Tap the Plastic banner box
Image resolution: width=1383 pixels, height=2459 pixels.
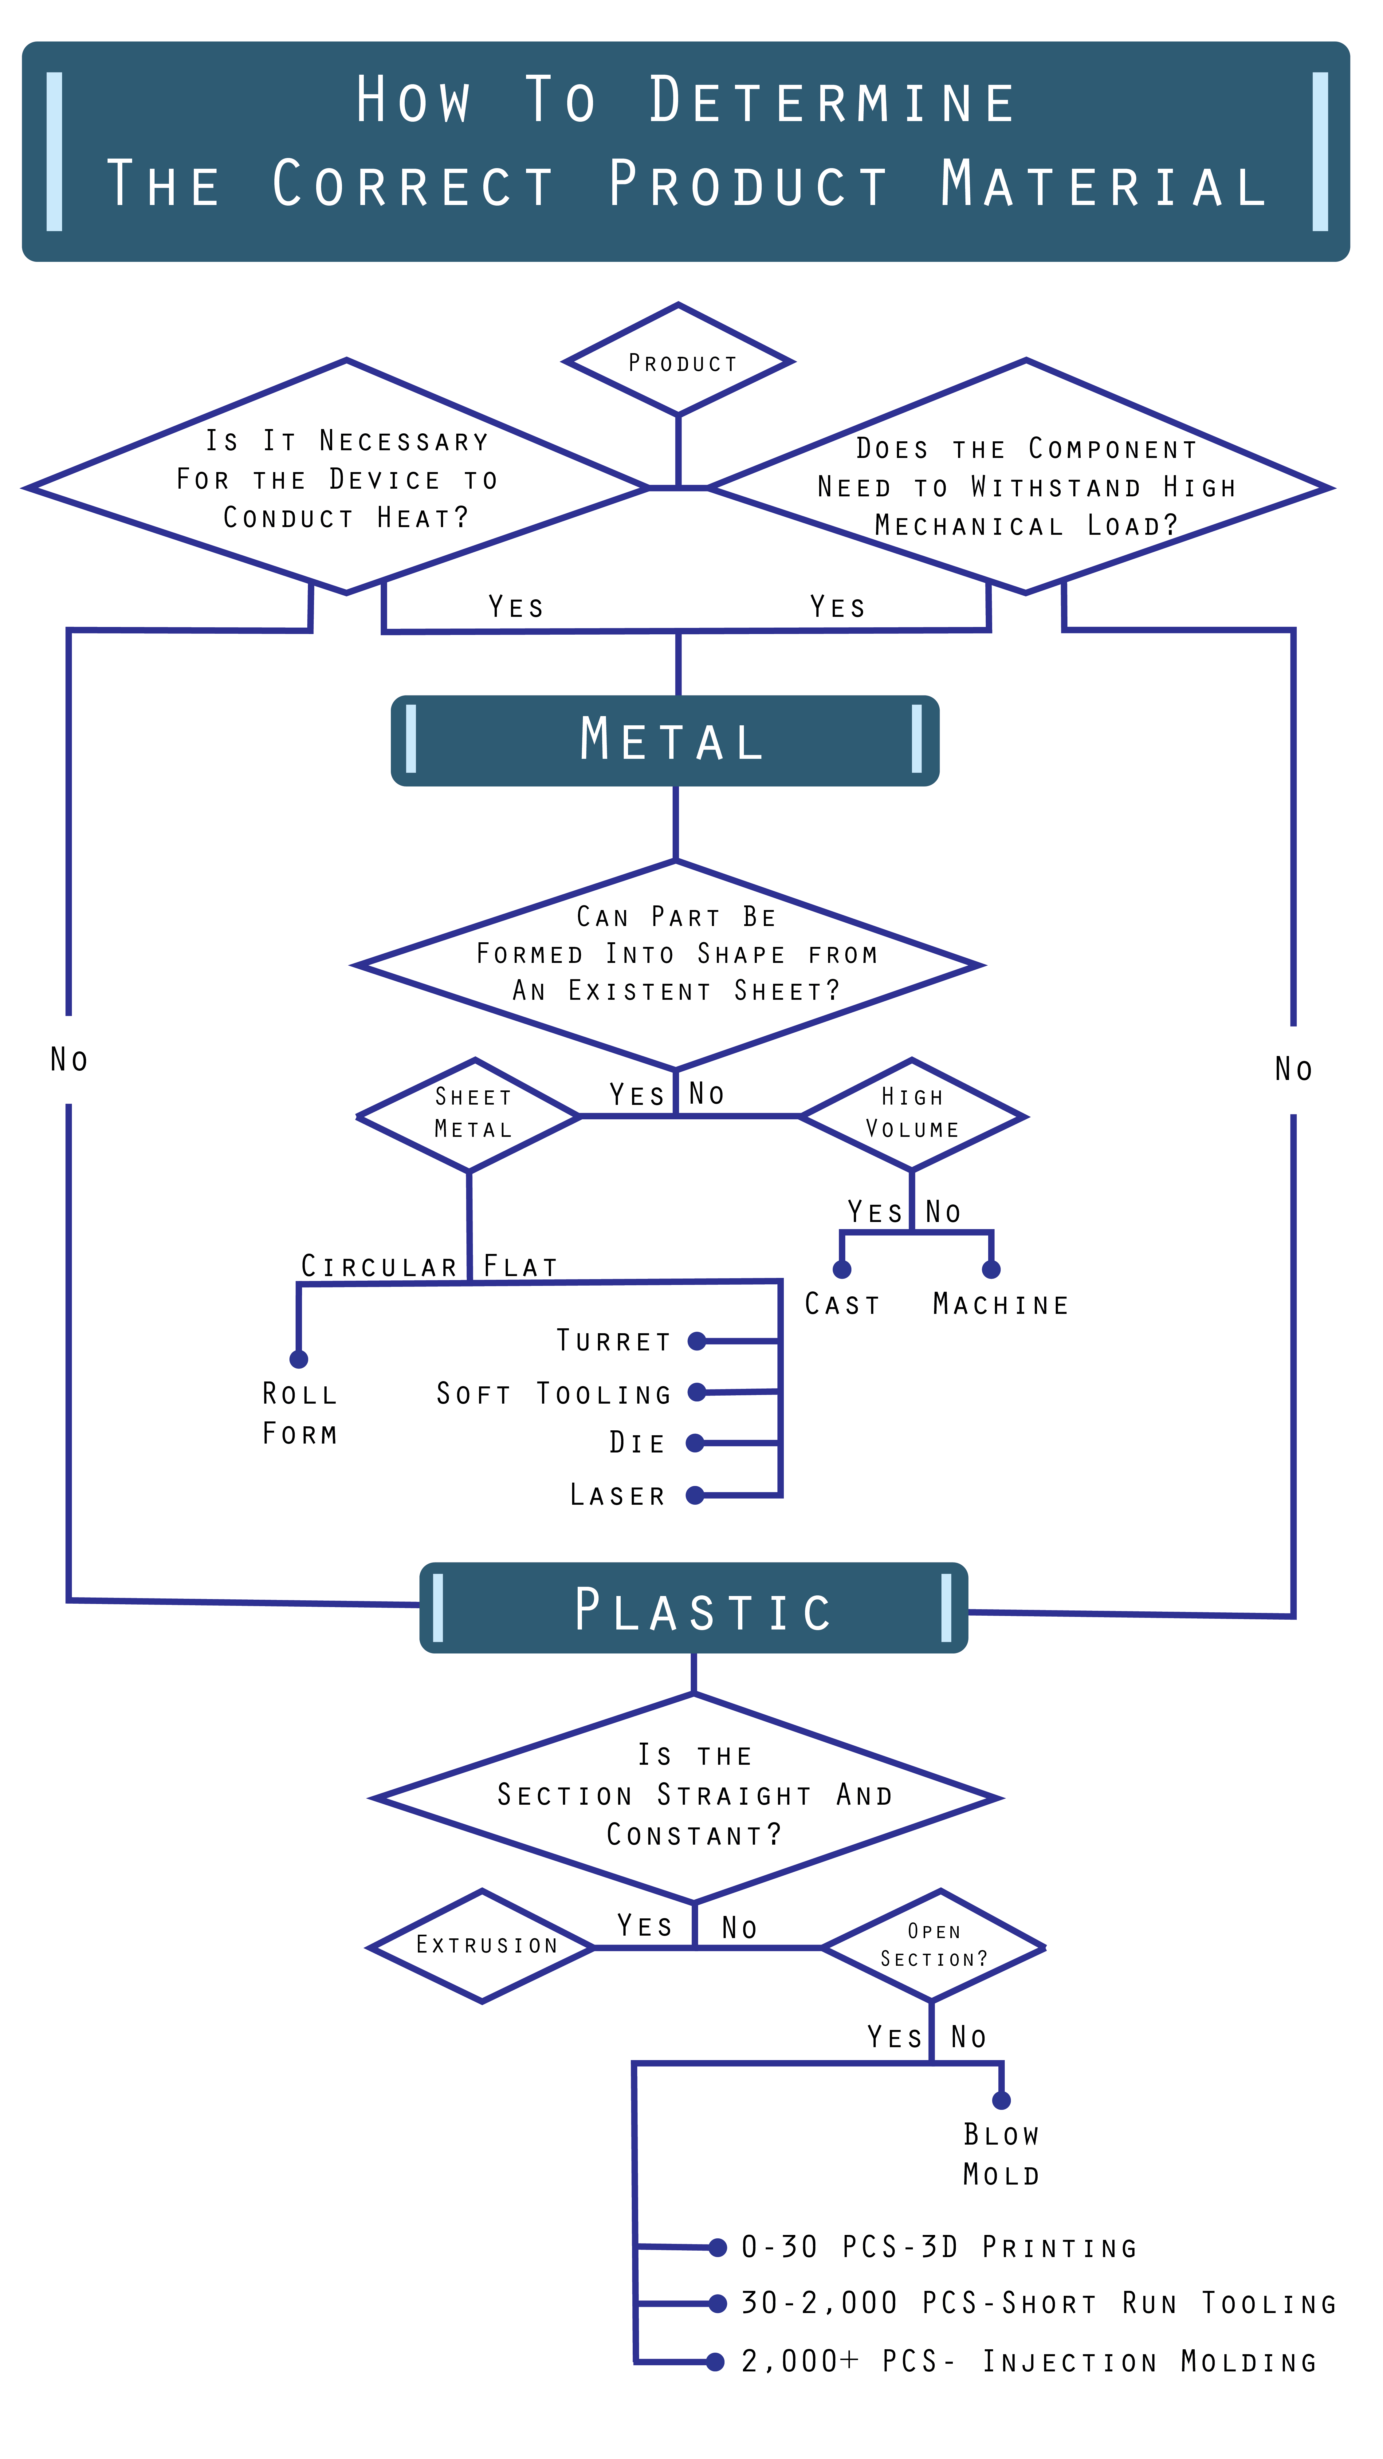tap(694, 1609)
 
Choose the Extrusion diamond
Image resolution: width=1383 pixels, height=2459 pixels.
tap(483, 1945)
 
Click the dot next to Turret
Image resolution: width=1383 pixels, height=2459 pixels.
tap(697, 1341)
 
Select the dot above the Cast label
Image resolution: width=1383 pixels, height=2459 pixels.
tap(842, 1270)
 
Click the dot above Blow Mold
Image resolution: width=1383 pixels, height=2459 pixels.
tap(1001, 2100)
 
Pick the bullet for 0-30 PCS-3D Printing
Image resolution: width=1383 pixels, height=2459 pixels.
tap(718, 2248)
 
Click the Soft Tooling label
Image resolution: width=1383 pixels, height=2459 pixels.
tap(554, 1394)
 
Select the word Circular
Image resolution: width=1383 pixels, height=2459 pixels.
tap(379, 1267)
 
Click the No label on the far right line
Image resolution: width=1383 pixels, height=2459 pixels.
tap(1293, 1069)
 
